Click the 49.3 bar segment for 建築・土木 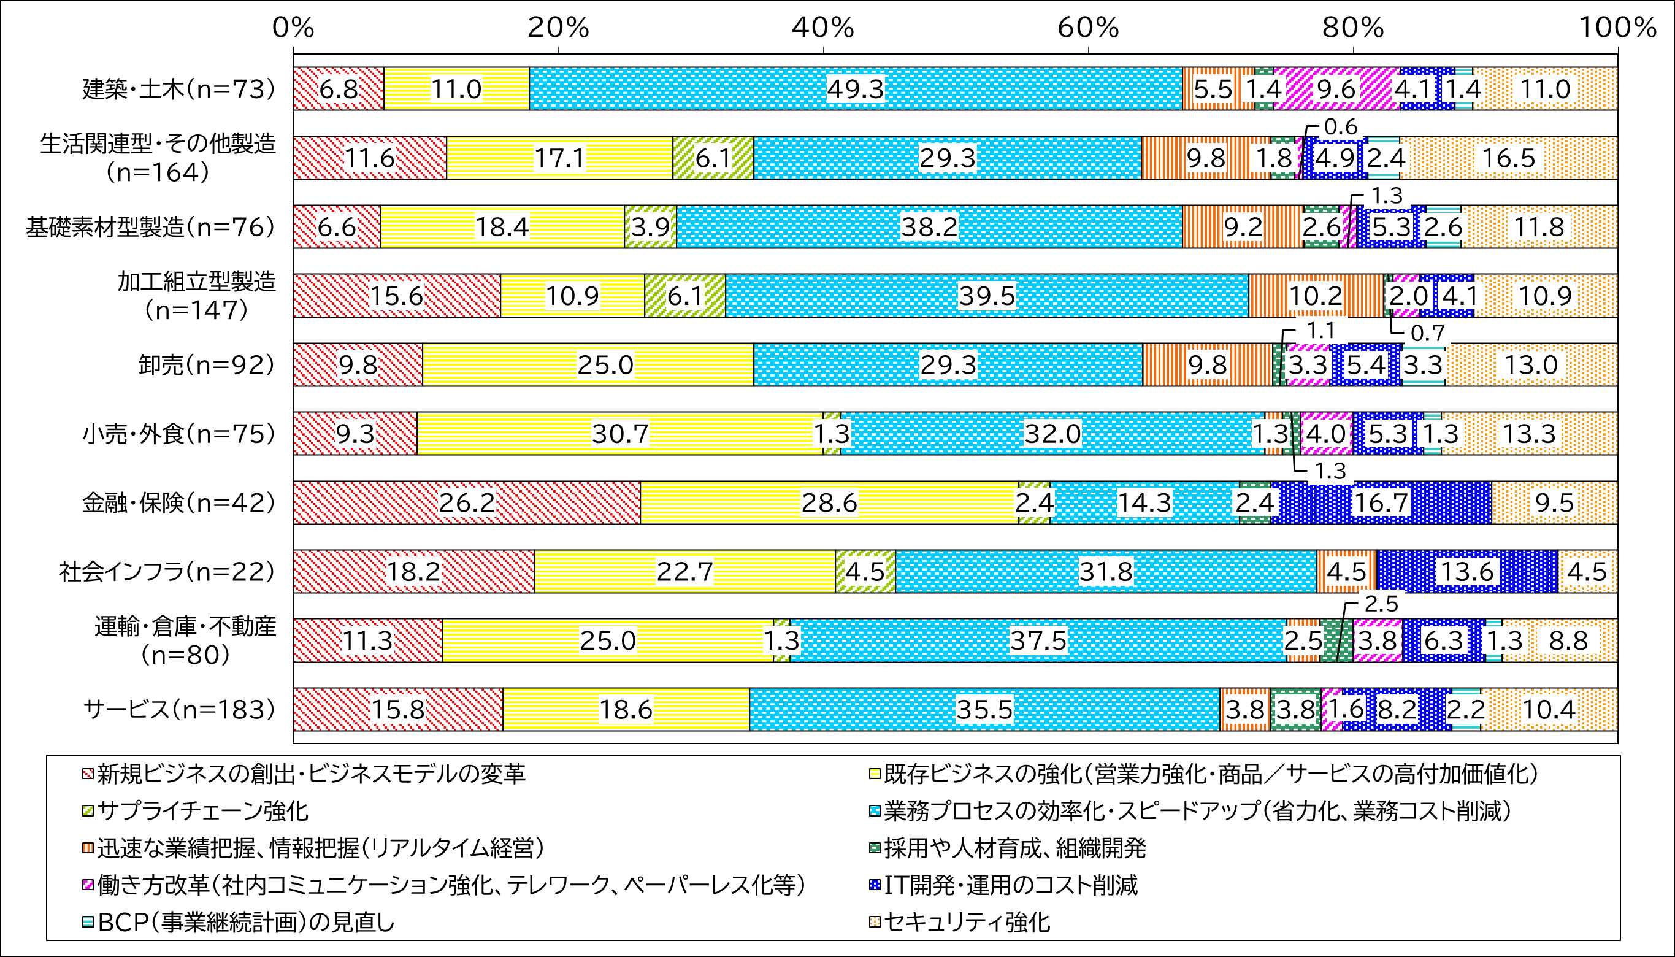[856, 89]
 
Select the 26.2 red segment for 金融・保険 [467, 503]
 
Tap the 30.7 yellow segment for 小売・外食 [619, 434]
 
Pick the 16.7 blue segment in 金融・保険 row [1381, 503]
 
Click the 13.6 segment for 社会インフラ [1466, 572]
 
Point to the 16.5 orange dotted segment [1508, 158]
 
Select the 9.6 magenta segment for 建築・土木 [1336, 89]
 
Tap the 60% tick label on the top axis [1088, 28]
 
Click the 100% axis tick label [1617, 28]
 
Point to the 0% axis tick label [293, 28]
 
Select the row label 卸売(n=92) [206, 365]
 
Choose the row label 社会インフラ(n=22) [167, 572]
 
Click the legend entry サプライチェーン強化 [202, 811]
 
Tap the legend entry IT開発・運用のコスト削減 [1011, 885]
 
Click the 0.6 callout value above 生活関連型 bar [1341, 127]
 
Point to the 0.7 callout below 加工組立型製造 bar [1428, 333]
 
